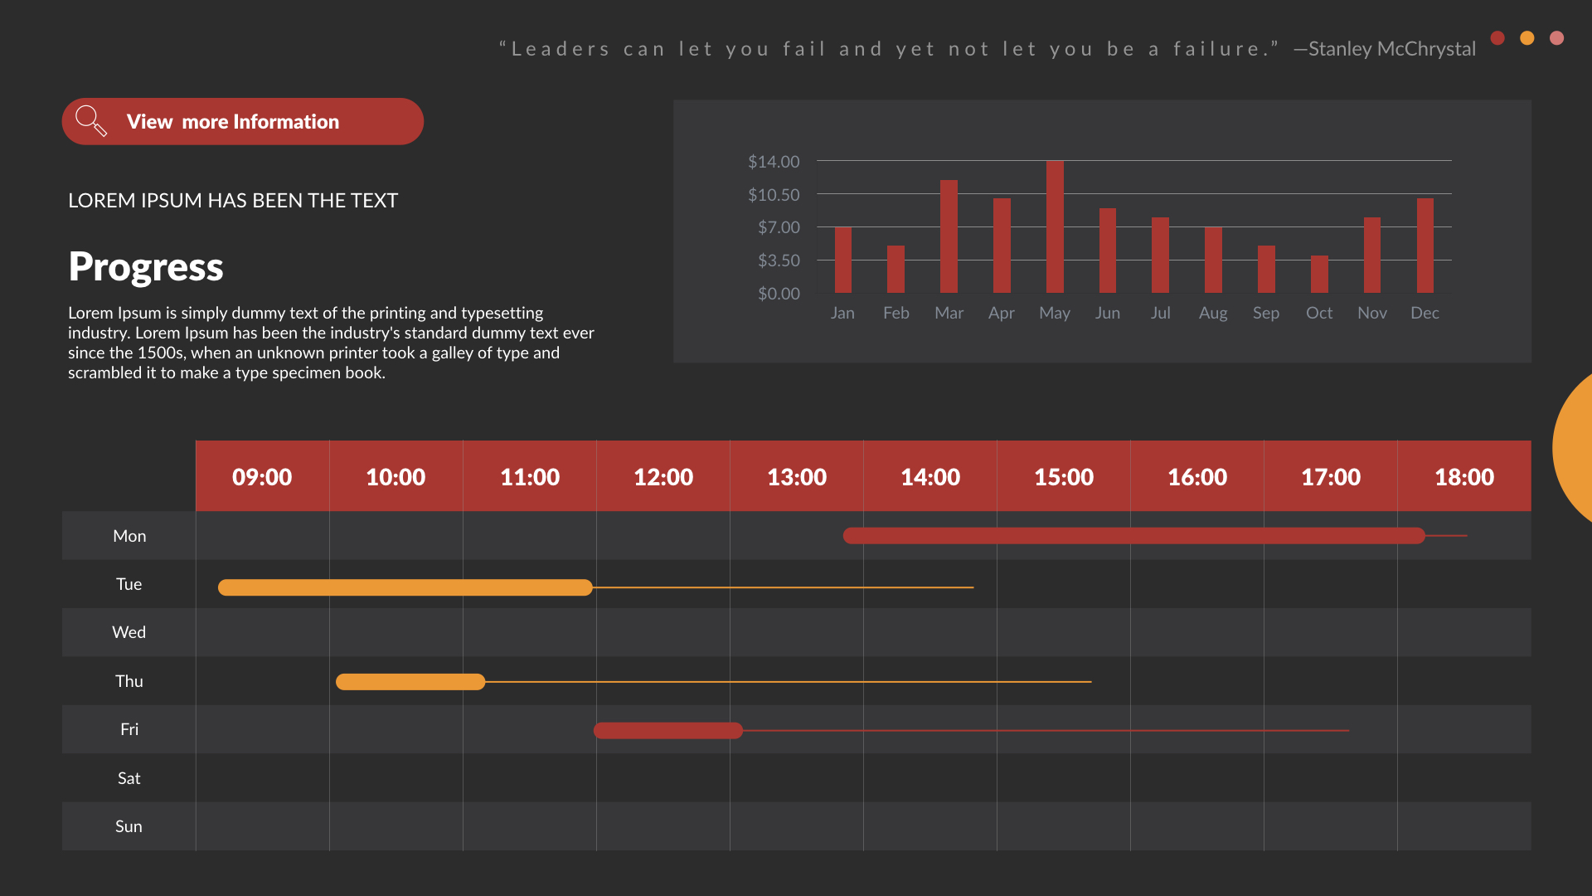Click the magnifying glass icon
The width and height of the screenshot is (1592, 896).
pyautogui.click(x=90, y=121)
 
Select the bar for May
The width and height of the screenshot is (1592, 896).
pyautogui.click(x=1055, y=226)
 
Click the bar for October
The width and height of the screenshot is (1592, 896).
pyautogui.click(x=1319, y=275)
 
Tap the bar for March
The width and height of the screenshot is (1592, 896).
pyautogui.click(x=949, y=236)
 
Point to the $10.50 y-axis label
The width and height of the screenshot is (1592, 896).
pyautogui.click(x=774, y=195)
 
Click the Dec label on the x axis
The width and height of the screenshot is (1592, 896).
pyautogui.click(x=1425, y=313)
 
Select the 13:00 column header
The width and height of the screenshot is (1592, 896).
pyautogui.click(x=797, y=477)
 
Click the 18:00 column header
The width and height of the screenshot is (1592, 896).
pyautogui.click(x=1464, y=477)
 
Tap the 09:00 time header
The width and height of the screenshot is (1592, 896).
pyautogui.click(x=262, y=477)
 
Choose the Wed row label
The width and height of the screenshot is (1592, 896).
pyautogui.click(x=129, y=632)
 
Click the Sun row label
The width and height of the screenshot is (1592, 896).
pyautogui.click(x=129, y=826)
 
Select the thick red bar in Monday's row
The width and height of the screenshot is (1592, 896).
pyautogui.click(x=1133, y=536)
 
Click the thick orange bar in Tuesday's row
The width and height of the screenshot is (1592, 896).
pyautogui.click(x=405, y=587)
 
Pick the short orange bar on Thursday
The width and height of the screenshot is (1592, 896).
pyautogui.click(x=410, y=682)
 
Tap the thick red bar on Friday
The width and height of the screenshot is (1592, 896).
pyautogui.click(x=667, y=730)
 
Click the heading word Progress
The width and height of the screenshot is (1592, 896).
pyautogui.click(x=146, y=267)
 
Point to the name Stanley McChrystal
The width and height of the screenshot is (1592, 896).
pyautogui.click(x=1391, y=49)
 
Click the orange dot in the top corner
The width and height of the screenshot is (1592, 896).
pyautogui.click(x=1526, y=38)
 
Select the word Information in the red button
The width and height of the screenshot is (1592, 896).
pyautogui.click(x=285, y=122)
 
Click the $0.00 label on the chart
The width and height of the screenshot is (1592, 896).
pyautogui.click(x=779, y=294)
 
